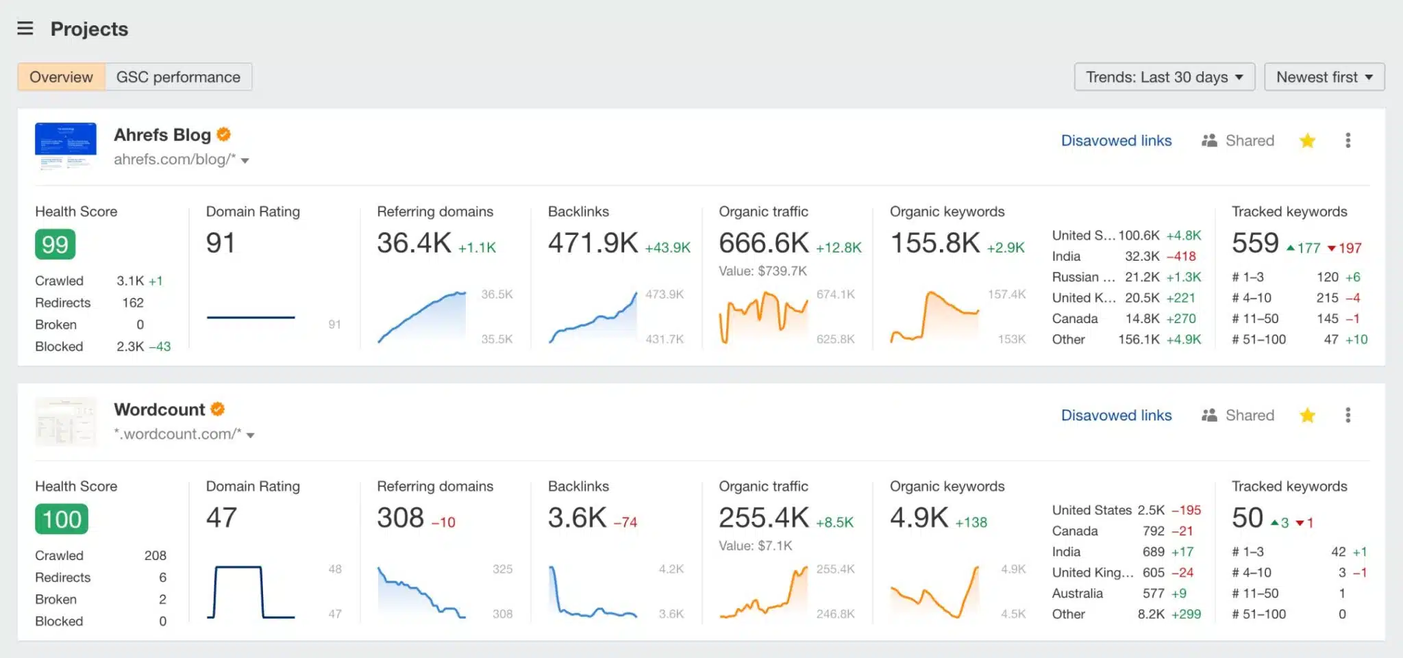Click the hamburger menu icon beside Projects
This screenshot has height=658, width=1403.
coord(25,28)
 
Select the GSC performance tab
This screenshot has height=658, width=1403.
coord(178,77)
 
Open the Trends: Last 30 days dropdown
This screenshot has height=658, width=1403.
coord(1164,77)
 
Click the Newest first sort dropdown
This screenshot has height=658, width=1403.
coord(1324,77)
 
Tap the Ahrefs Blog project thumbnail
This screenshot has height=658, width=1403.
coord(66,145)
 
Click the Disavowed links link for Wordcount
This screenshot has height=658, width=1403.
coord(1116,415)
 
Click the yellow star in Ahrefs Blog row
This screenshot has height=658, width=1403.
coord(1307,141)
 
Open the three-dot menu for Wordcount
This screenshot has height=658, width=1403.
coord(1348,415)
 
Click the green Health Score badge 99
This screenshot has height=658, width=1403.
coord(55,244)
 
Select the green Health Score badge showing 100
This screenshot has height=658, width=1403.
coord(62,519)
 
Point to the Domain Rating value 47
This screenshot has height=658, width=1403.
coord(221,518)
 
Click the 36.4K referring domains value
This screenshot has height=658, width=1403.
coord(414,243)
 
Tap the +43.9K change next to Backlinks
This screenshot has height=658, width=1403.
coord(667,248)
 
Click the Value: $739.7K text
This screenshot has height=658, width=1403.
coord(762,271)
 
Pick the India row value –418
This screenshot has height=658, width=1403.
coord(1181,256)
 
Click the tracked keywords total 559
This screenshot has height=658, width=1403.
coord(1255,243)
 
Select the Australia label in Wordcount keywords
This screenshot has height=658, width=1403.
coord(1077,593)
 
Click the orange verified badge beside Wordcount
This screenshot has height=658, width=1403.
coord(218,409)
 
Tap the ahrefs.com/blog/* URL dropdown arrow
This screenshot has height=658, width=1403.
coord(245,160)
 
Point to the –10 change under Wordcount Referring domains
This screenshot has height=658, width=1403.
coord(443,522)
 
